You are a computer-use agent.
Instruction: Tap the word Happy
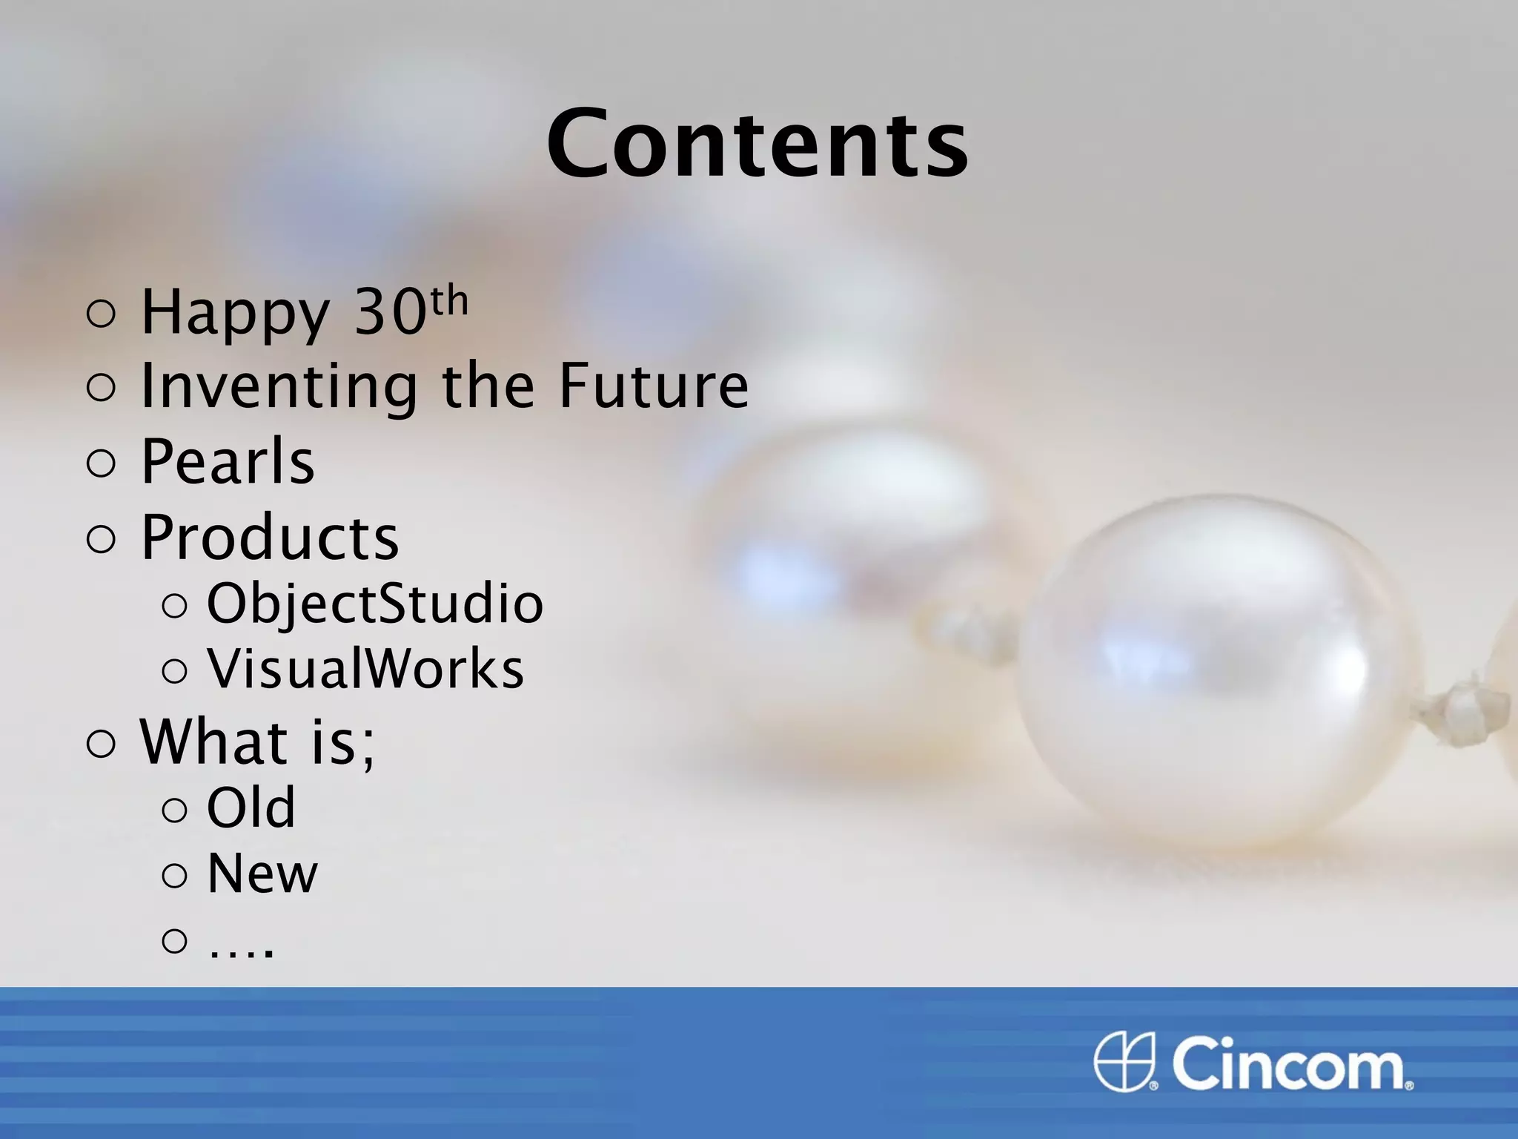point(235,313)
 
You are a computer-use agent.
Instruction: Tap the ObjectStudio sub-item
point(375,604)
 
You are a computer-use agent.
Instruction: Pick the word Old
point(251,808)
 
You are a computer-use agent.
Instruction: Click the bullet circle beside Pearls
point(102,463)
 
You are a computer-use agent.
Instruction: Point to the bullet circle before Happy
point(102,314)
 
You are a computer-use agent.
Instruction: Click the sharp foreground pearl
point(1216,667)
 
